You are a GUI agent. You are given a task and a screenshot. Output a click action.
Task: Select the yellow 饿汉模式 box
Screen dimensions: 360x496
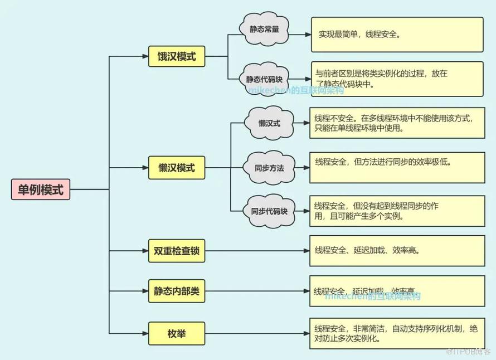coord(177,57)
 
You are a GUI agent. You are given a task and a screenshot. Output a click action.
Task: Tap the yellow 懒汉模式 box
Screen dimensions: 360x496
coord(177,168)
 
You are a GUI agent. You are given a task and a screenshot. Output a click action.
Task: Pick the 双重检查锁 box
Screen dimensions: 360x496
coord(177,251)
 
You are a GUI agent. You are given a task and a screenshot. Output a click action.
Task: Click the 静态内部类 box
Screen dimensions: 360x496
coord(177,290)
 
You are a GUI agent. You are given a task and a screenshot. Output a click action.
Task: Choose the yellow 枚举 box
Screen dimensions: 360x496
coord(177,334)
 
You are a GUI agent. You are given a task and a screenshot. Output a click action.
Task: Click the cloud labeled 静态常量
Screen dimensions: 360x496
coord(264,31)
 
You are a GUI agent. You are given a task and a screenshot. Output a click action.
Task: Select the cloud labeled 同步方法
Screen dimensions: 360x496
coord(269,167)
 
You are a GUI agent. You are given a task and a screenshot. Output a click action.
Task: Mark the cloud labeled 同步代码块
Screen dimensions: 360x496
coord(269,211)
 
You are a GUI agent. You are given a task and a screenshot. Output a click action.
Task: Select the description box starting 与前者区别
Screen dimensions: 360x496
coord(397,79)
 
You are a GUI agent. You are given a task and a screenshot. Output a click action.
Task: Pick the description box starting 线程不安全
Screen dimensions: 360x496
coord(397,123)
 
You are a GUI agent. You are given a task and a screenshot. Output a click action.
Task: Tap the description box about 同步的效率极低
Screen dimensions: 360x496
coord(397,167)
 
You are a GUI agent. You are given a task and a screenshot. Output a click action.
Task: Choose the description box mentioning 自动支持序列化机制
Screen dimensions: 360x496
coord(397,333)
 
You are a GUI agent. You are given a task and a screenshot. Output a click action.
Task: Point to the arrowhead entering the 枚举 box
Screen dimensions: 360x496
coord(144,334)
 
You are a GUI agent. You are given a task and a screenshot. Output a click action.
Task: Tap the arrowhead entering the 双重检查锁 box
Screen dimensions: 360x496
coord(144,251)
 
